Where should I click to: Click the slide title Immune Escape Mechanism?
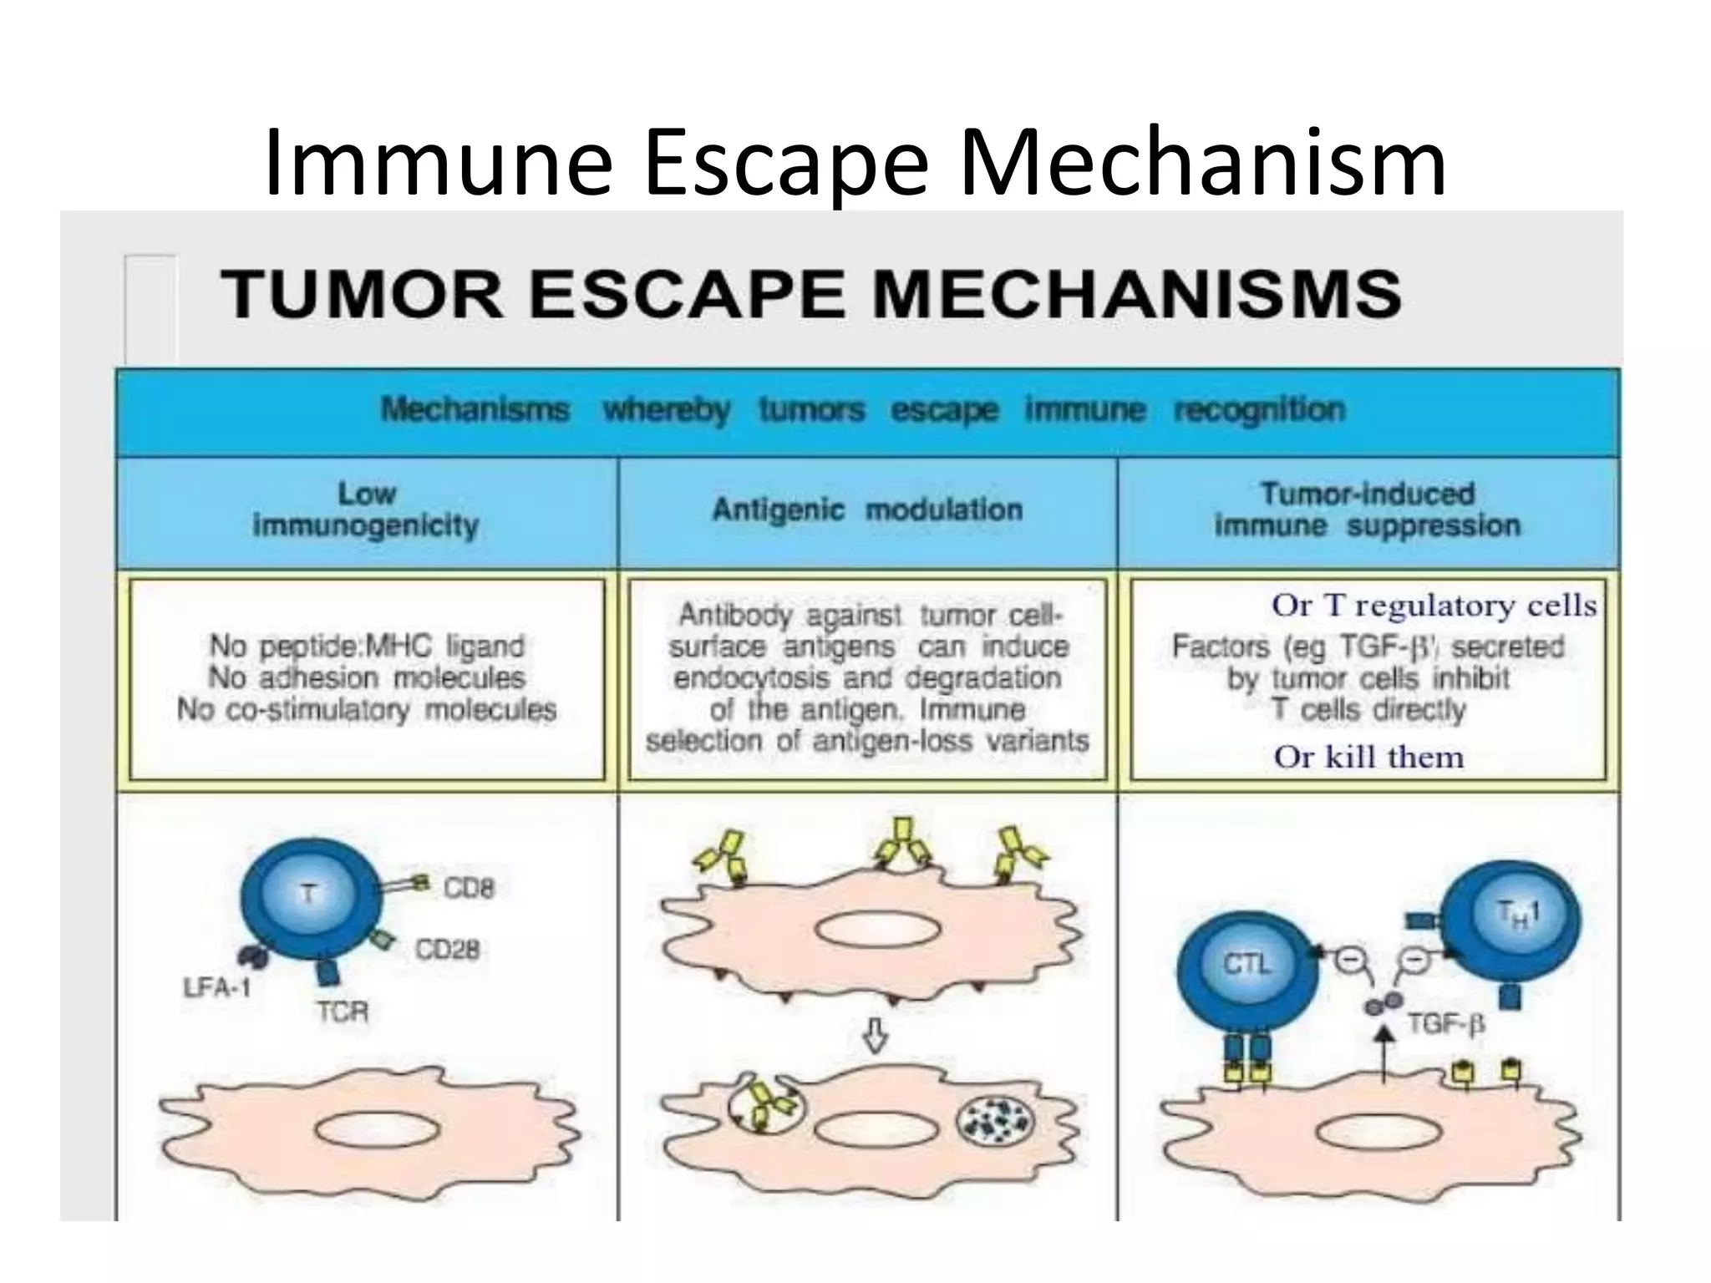855,163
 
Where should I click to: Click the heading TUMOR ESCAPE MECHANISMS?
810,294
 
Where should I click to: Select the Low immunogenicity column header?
366,510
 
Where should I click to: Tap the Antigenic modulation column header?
867,510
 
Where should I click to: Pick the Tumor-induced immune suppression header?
1367,510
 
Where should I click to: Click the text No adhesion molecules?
366,677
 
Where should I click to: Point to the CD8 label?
469,888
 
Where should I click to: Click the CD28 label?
448,950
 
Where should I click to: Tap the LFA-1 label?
216,988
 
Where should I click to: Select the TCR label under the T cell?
343,1012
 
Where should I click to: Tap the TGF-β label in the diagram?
1446,1023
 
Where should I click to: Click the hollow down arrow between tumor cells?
875,1038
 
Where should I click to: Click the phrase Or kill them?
1368,758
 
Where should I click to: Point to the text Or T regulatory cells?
1434,606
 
